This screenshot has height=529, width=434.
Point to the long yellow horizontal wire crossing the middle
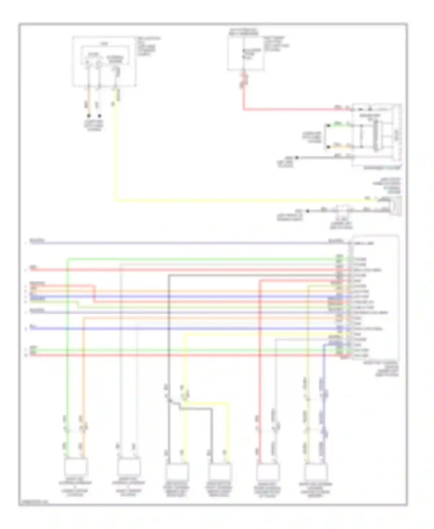[231, 200]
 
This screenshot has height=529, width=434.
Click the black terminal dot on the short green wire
[328, 126]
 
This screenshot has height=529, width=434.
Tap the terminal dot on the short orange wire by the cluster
[328, 147]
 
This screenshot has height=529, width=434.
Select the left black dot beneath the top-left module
[89, 116]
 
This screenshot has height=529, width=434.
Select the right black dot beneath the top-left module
[99, 116]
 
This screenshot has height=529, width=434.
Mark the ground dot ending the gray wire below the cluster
[297, 158]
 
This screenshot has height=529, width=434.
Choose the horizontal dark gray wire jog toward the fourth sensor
[197, 409]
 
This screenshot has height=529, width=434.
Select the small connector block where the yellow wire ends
[395, 205]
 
